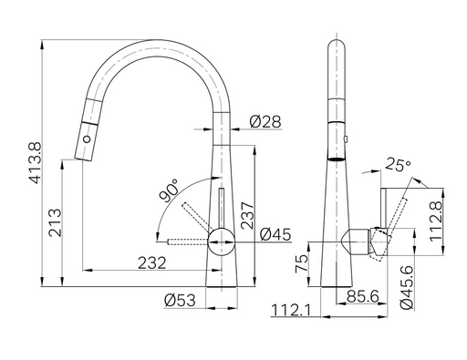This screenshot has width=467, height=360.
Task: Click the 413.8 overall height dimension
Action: tap(35, 163)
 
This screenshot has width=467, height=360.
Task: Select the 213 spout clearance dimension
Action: tap(56, 222)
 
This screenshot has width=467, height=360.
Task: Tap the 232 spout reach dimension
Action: tap(152, 263)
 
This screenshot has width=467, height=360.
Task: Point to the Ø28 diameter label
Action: tap(265, 122)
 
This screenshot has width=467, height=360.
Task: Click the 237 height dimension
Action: tap(247, 215)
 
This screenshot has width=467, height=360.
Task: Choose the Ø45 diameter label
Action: tap(275, 234)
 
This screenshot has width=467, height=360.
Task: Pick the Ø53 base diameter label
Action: tap(180, 301)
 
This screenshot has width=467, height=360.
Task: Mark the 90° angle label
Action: tap(168, 190)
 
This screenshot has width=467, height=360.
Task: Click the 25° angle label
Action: tap(398, 164)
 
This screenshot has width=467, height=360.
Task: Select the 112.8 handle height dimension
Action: tap(436, 221)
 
